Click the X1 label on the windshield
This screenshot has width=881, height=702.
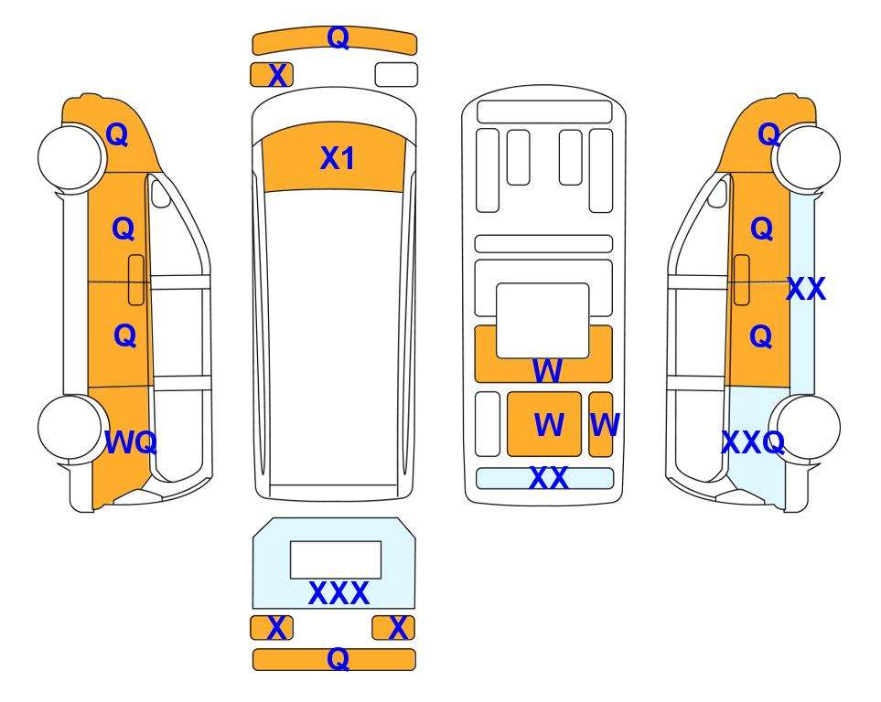337,158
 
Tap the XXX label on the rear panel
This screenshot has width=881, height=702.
338,593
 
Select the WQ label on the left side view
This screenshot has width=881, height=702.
130,442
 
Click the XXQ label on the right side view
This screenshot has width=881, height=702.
753,442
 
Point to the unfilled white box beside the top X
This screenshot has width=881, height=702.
396,75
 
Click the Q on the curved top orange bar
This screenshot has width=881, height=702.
338,37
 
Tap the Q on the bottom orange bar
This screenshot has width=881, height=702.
338,659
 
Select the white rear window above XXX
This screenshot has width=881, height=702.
336,560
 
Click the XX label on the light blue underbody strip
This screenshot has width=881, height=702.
548,478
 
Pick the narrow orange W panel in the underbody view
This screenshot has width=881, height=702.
601,424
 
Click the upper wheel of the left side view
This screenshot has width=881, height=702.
71,158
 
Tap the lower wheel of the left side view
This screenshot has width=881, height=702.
71,428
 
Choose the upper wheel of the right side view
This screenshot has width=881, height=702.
807,158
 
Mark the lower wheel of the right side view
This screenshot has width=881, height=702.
807,428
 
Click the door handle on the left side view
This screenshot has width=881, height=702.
136,280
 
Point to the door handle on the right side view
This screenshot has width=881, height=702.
742,280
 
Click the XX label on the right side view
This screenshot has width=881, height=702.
806,289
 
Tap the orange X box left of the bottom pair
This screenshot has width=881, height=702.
272,627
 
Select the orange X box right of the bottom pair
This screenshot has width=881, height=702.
393,627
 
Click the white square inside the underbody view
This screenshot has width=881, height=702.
543,321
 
